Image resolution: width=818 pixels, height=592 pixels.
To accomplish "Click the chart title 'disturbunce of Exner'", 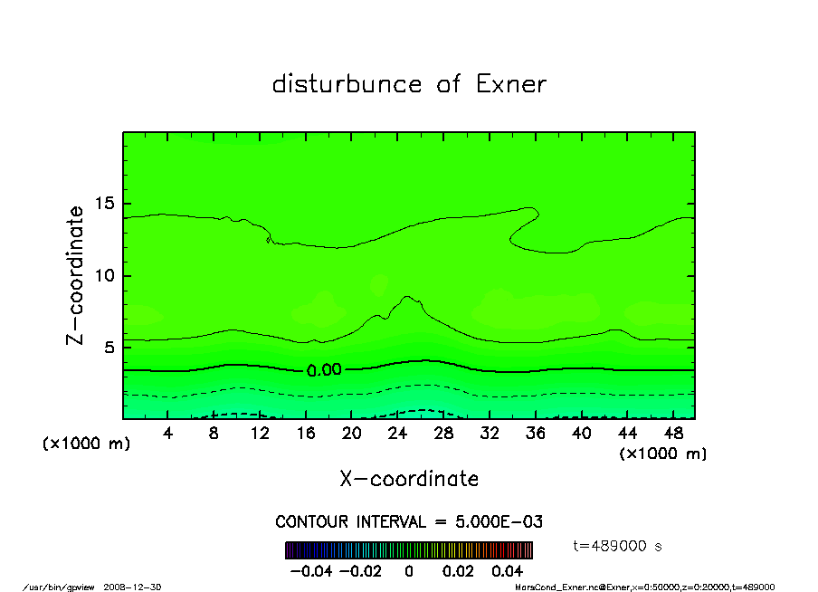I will pyautogui.click(x=409, y=85).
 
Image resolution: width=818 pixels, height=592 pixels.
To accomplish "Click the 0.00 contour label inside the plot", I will pyautogui.click(x=324, y=370).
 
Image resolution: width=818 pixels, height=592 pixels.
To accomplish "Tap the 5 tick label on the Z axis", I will pyautogui.click(x=109, y=348).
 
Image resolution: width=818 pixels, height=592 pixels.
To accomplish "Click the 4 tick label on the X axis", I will pyautogui.click(x=168, y=434).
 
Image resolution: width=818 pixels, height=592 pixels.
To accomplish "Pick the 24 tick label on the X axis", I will pyautogui.click(x=398, y=434).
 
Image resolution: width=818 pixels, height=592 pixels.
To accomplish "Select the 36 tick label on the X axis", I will pyautogui.click(x=536, y=434).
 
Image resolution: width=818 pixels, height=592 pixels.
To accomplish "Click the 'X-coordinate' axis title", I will pyautogui.click(x=409, y=479).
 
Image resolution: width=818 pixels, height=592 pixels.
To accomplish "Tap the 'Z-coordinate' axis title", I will pyautogui.click(x=75, y=275).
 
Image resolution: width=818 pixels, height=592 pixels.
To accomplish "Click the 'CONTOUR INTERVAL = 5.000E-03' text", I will pyautogui.click(x=409, y=522).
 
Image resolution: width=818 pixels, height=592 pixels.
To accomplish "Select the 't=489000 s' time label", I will pyautogui.click(x=619, y=546).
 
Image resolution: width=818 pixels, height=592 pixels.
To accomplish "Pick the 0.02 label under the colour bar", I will pyautogui.click(x=457, y=572).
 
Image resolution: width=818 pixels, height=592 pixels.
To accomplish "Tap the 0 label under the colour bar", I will pyautogui.click(x=409, y=572).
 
